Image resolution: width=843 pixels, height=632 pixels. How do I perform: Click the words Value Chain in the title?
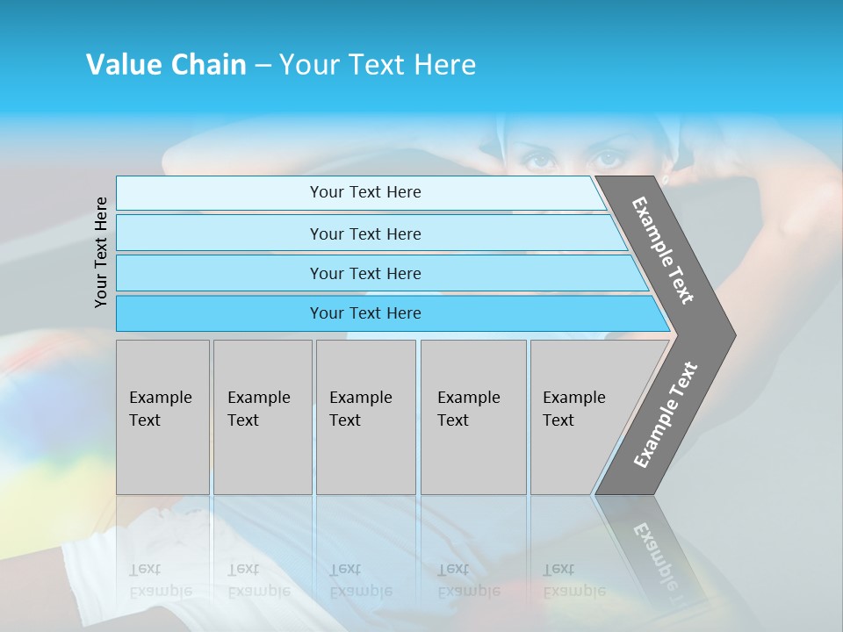click(x=166, y=65)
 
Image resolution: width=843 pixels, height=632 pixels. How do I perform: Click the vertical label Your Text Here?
click(x=102, y=252)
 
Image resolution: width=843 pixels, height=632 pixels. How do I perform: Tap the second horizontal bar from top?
click(x=365, y=233)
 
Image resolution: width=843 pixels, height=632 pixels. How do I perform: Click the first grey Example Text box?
click(x=162, y=417)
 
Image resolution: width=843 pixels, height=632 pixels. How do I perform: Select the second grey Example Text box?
click(x=262, y=417)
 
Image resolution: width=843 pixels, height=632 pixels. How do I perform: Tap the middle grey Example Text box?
click(x=365, y=417)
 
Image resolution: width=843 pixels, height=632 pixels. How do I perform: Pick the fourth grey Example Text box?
click(x=472, y=417)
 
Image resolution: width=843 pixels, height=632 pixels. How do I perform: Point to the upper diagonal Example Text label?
click(x=664, y=249)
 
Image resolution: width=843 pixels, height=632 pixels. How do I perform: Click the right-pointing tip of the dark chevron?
click(x=731, y=334)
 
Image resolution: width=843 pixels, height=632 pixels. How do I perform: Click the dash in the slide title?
click(x=263, y=66)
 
